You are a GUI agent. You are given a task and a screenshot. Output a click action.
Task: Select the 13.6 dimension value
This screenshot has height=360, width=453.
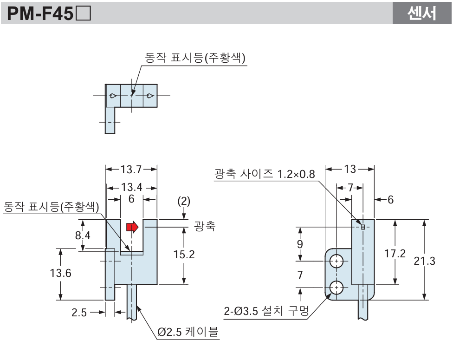pos(60,273)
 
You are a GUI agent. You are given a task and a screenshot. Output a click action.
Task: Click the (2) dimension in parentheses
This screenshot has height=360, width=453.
pos(185,202)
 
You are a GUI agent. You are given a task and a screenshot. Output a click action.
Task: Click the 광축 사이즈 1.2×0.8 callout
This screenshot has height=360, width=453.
pos(265,174)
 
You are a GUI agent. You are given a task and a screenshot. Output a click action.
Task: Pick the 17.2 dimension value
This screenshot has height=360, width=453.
pos(395,254)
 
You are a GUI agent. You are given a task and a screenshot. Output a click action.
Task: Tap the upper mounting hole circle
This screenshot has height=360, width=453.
pos(336,261)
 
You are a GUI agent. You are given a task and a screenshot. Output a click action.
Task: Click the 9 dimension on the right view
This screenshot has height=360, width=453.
pos(300,243)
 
